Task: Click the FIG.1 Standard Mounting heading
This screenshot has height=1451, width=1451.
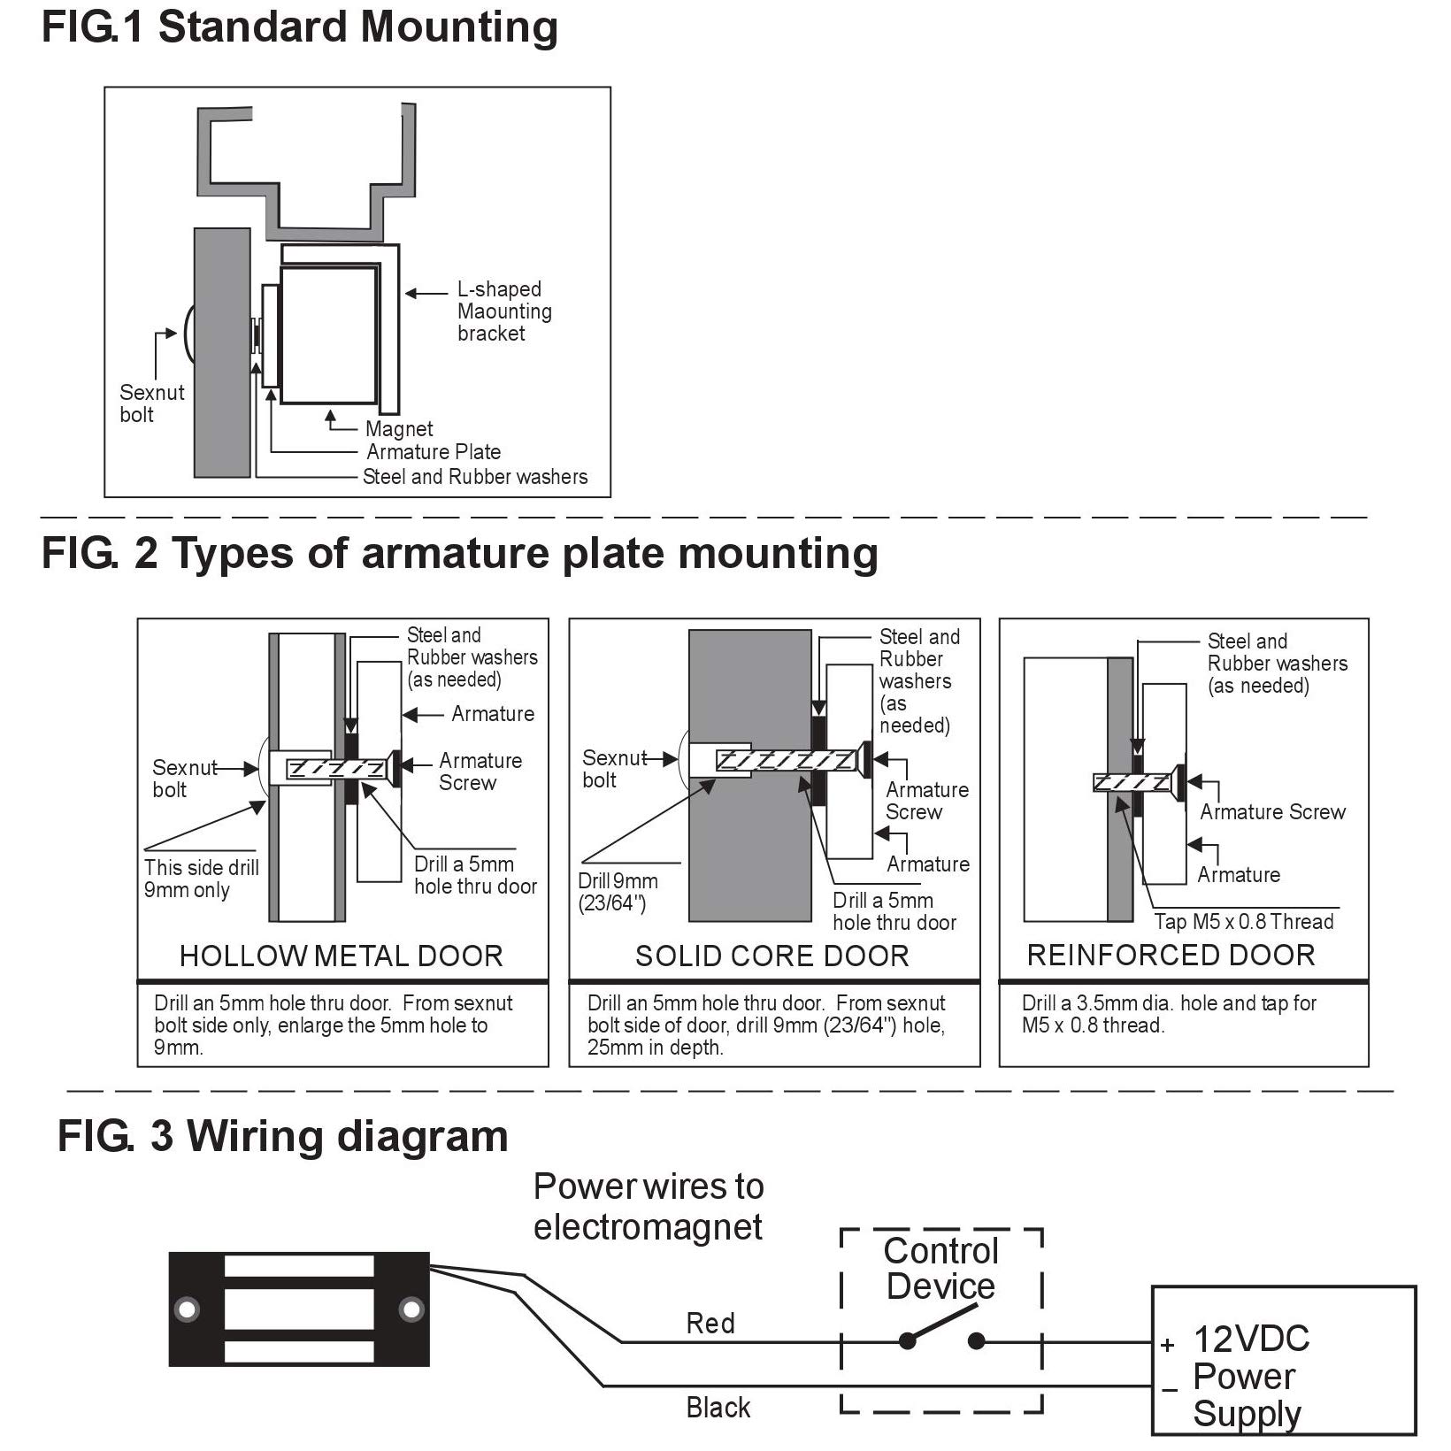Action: [299, 27]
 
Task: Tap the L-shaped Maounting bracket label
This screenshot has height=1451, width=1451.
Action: [503, 311]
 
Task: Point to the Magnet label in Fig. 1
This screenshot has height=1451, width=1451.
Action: [399, 429]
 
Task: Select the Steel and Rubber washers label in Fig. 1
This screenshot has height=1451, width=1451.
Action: [475, 477]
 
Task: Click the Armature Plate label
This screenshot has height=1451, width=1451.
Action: [434, 452]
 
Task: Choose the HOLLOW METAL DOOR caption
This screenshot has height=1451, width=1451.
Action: [341, 956]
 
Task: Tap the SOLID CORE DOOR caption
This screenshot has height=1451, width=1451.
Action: [772, 956]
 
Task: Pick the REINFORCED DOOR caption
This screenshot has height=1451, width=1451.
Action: [1171, 955]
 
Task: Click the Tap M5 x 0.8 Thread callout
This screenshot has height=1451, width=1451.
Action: [1243, 922]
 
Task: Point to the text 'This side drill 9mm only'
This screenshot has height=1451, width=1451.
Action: [201, 879]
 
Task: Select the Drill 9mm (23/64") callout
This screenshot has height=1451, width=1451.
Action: [618, 892]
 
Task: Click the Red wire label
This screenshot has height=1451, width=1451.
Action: [710, 1324]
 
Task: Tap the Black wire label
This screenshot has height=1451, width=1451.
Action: [718, 1408]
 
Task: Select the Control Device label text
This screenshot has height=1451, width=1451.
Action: [940, 1269]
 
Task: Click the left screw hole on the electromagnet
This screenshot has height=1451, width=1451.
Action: [187, 1309]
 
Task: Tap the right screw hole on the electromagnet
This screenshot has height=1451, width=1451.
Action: [411, 1309]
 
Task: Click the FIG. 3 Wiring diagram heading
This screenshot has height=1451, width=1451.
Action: [282, 1137]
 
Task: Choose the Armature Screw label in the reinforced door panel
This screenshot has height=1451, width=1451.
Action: [1271, 812]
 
